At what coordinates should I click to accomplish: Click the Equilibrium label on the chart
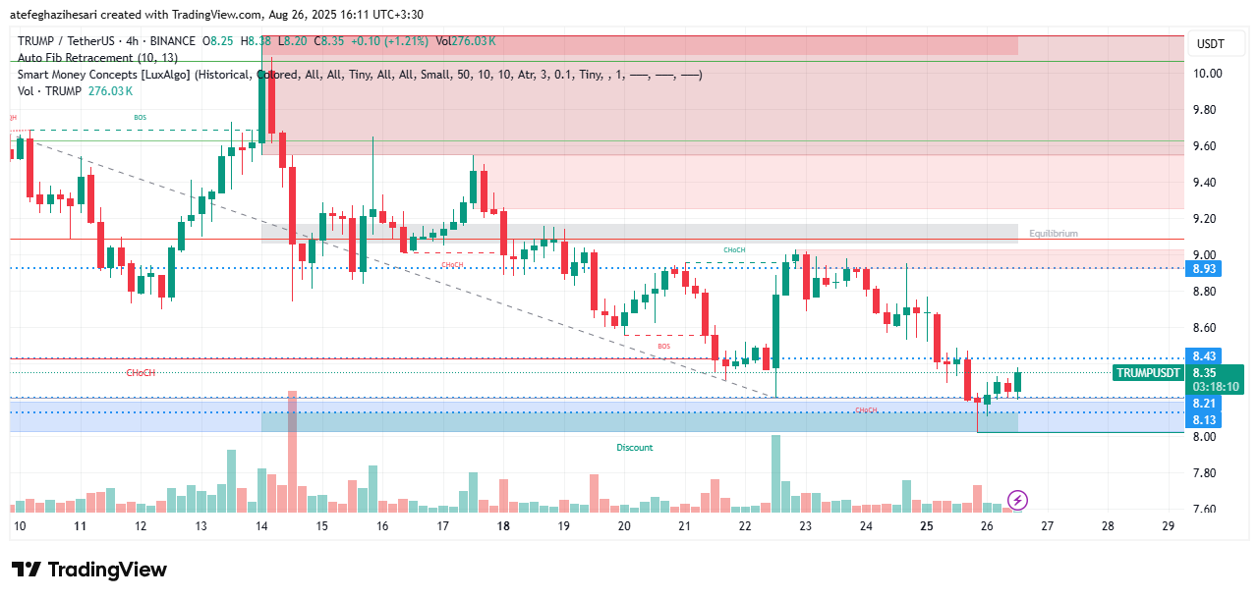click(x=1053, y=234)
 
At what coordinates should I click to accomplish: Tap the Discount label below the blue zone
click(x=634, y=448)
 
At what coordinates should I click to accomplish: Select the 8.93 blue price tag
click(x=1204, y=268)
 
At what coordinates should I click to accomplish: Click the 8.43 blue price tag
click(x=1204, y=355)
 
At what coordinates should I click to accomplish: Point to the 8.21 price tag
click(x=1204, y=404)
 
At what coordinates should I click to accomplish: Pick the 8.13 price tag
click(x=1204, y=419)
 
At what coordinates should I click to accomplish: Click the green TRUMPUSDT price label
click(x=1148, y=373)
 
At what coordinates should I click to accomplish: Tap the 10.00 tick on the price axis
click(x=1208, y=74)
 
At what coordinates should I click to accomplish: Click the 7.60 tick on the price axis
click(x=1208, y=509)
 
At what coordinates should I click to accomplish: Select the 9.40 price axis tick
click(x=1208, y=183)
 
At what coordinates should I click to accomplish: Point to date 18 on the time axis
click(x=503, y=526)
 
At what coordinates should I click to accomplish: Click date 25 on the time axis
click(x=927, y=526)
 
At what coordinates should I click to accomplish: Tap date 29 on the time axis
click(x=1169, y=526)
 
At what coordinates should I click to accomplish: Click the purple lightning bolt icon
click(x=1018, y=501)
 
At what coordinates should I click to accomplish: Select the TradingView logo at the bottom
click(x=89, y=570)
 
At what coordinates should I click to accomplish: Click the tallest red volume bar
click(x=292, y=452)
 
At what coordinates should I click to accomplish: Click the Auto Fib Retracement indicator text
click(x=97, y=58)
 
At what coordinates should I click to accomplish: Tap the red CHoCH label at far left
click(x=141, y=373)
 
